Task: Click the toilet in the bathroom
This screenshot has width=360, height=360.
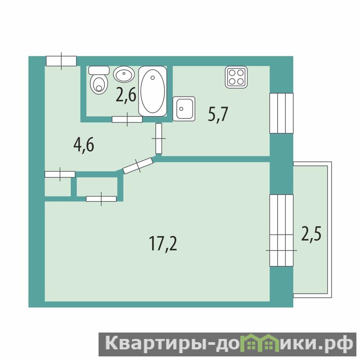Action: (x=99, y=80)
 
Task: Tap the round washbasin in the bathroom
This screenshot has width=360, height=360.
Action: (x=124, y=74)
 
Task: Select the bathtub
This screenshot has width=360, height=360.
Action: (x=153, y=91)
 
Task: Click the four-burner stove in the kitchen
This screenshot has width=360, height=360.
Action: (x=236, y=77)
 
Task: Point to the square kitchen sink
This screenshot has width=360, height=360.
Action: (x=184, y=108)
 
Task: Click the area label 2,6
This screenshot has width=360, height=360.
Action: (x=126, y=96)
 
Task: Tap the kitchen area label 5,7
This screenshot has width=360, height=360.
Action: (x=218, y=114)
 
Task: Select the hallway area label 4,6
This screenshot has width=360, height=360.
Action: (x=84, y=145)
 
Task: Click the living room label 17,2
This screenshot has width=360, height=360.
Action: (x=163, y=243)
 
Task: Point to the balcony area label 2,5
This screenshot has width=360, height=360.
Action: (x=311, y=234)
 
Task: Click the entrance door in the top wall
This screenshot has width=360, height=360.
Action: (x=61, y=61)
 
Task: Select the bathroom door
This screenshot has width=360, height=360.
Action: (x=127, y=119)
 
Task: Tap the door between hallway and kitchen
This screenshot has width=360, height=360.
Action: (x=159, y=139)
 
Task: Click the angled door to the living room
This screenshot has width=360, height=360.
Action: (x=138, y=165)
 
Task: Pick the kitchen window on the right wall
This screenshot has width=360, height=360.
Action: (x=281, y=113)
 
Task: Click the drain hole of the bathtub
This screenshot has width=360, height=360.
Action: (x=153, y=78)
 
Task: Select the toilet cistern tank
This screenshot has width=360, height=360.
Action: (x=99, y=70)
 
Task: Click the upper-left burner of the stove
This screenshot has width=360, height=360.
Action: (x=232, y=73)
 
